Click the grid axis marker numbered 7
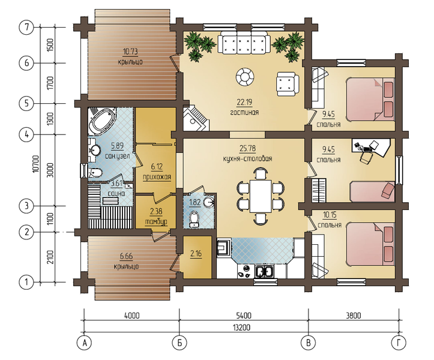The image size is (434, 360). pos(26,28)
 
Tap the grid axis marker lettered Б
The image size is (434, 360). pos(179,343)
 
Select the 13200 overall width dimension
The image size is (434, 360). pos(241,328)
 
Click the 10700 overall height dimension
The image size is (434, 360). pos(35,164)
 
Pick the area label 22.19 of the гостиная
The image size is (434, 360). pos(244,103)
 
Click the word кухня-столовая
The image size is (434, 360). pos(247,159)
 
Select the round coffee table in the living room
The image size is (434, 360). pos(245,76)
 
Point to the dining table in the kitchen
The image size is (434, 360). pos(261,196)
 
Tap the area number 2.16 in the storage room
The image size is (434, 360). pos(196,253)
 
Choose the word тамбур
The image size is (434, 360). pos(156,221)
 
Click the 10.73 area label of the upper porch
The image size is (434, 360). pos(130,52)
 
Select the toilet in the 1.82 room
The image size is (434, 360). pos(194,218)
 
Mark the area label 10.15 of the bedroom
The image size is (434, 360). pos(329,214)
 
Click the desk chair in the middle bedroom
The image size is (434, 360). pos(366,158)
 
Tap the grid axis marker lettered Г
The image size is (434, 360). pos(399,343)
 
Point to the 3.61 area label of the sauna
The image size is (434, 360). pos(117,184)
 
